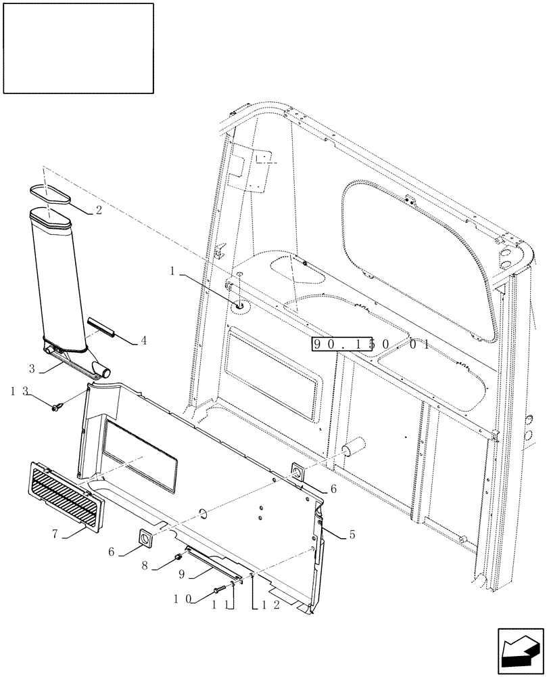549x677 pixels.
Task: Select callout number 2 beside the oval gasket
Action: (99, 210)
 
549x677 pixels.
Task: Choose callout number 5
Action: (352, 535)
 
